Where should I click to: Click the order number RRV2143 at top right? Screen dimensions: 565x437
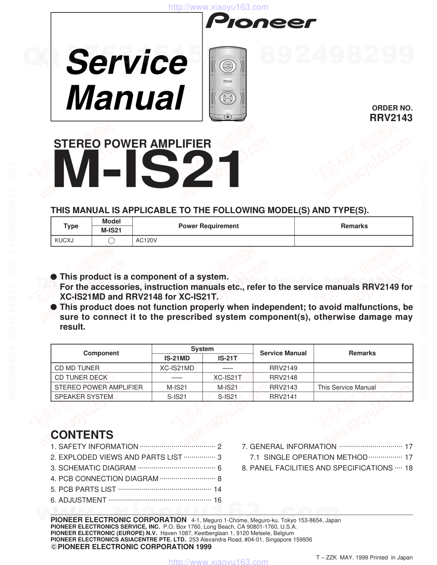[x=391, y=118]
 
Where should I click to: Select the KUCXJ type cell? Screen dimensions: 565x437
[x=64, y=241]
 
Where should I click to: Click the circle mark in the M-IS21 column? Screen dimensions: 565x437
[x=112, y=241]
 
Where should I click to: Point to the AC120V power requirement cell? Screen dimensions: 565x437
[x=147, y=241]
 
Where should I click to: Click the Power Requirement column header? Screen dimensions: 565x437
[x=208, y=226]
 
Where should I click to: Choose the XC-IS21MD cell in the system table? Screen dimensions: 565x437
[x=177, y=368]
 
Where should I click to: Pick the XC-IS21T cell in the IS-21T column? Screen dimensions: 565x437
[x=227, y=378]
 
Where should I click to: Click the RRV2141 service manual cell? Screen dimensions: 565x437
[x=283, y=397]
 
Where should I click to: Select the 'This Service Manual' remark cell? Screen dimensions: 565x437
[x=347, y=387]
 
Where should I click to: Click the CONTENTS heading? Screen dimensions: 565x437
[x=82, y=435]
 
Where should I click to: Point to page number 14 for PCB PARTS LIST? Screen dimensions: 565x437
[x=217, y=489]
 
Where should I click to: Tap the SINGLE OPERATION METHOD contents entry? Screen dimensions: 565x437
[x=315, y=457]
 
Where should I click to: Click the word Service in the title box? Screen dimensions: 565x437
[x=127, y=62]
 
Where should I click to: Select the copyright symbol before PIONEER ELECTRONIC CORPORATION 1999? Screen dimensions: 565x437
[x=54, y=547]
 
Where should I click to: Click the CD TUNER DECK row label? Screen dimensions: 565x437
[x=81, y=378]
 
